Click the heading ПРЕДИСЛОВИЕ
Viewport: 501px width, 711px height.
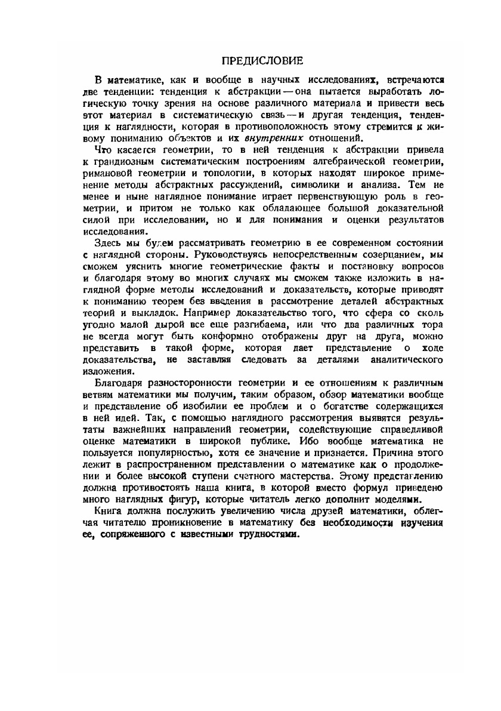click(x=263, y=60)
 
